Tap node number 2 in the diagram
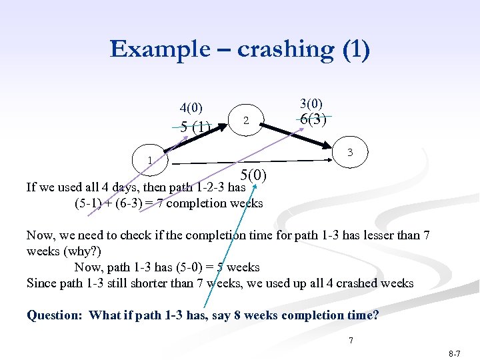coord(246,121)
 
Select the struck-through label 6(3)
coord(313,120)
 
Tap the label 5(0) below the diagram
coord(253,175)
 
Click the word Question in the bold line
coord(55,315)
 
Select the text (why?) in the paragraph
coord(79,251)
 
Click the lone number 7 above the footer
coord(351,341)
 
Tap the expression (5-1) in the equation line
coord(88,203)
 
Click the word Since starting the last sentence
coord(41,283)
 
